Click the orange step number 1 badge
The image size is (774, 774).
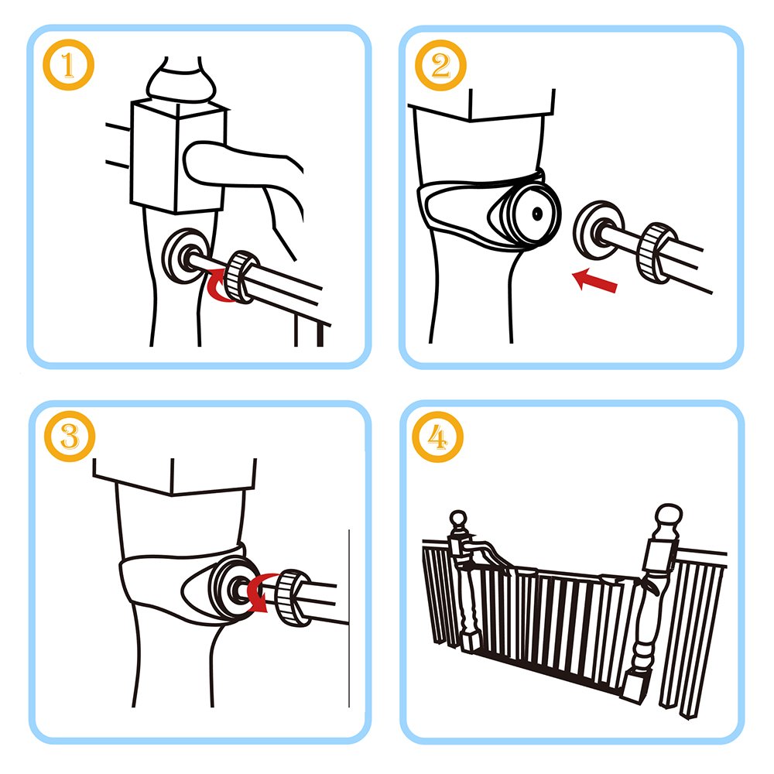point(69,67)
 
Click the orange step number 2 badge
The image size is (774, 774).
point(440,67)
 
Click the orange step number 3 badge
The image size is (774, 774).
point(69,439)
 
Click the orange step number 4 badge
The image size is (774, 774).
point(440,439)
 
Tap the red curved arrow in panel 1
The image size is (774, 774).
point(221,288)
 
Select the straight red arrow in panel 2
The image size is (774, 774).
point(595,280)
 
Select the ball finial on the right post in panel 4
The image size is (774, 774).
point(667,518)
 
